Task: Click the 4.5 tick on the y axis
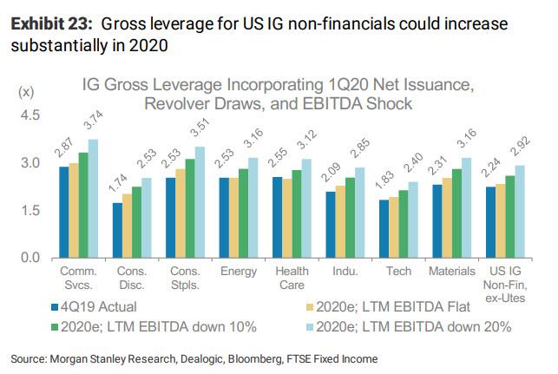[30, 115]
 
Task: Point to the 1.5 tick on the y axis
[30, 210]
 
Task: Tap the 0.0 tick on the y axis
[30, 258]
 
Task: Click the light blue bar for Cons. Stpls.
[201, 201]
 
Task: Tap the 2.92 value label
[517, 148]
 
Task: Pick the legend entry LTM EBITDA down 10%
[156, 327]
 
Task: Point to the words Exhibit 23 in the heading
[44, 20]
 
